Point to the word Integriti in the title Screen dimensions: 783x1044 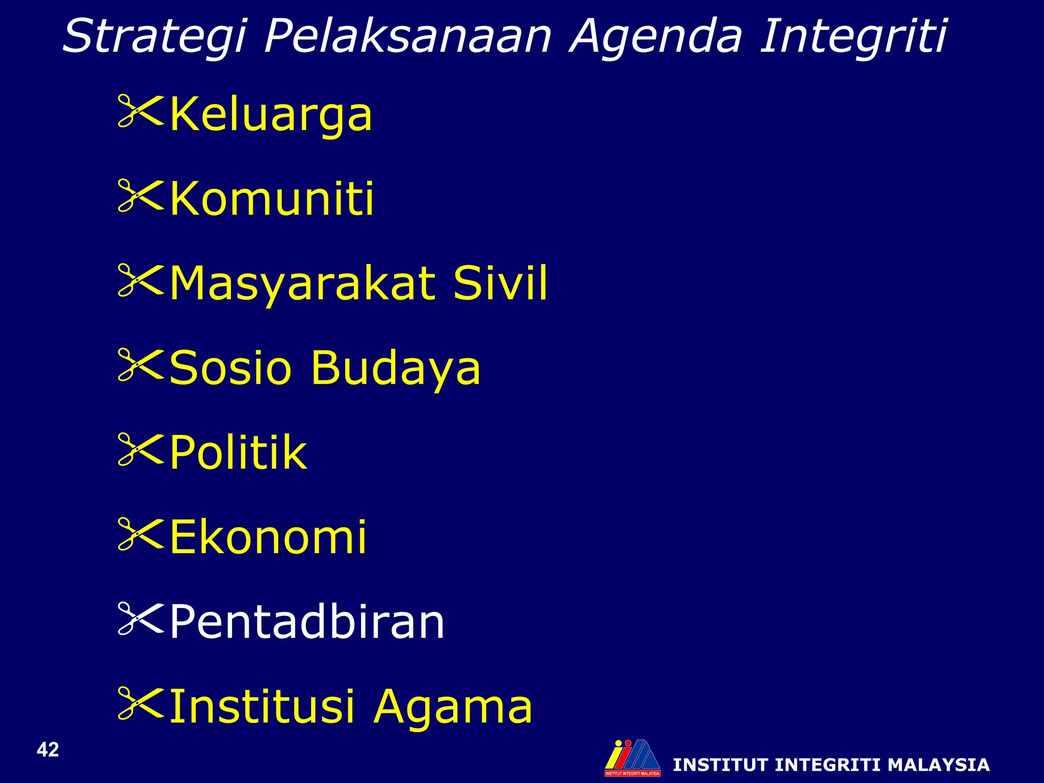pyautogui.click(x=853, y=36)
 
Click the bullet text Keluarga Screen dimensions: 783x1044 pyautogui.click(x=271, y=115)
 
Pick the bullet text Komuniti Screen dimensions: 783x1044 pyautogui.click(x=272, y=199)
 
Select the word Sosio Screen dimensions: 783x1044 pyautogui.click(x=230, y=368)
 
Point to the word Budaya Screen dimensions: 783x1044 pyautogui.click(x=396, y=369)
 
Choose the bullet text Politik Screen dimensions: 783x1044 pyautogui.click(x=238, y=452)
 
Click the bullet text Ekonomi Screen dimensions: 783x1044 pyautogui.click(x=268, y=537)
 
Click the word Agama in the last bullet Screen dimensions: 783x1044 pyautogui.click(x=453, y=707)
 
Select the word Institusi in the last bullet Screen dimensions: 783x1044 pyautogui.click(x=262, y=706)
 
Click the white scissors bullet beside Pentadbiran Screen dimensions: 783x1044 pyautogui.click(x=140, y=618)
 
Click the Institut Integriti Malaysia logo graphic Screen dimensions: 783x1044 pyautogui.click(x=632, y=758)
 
